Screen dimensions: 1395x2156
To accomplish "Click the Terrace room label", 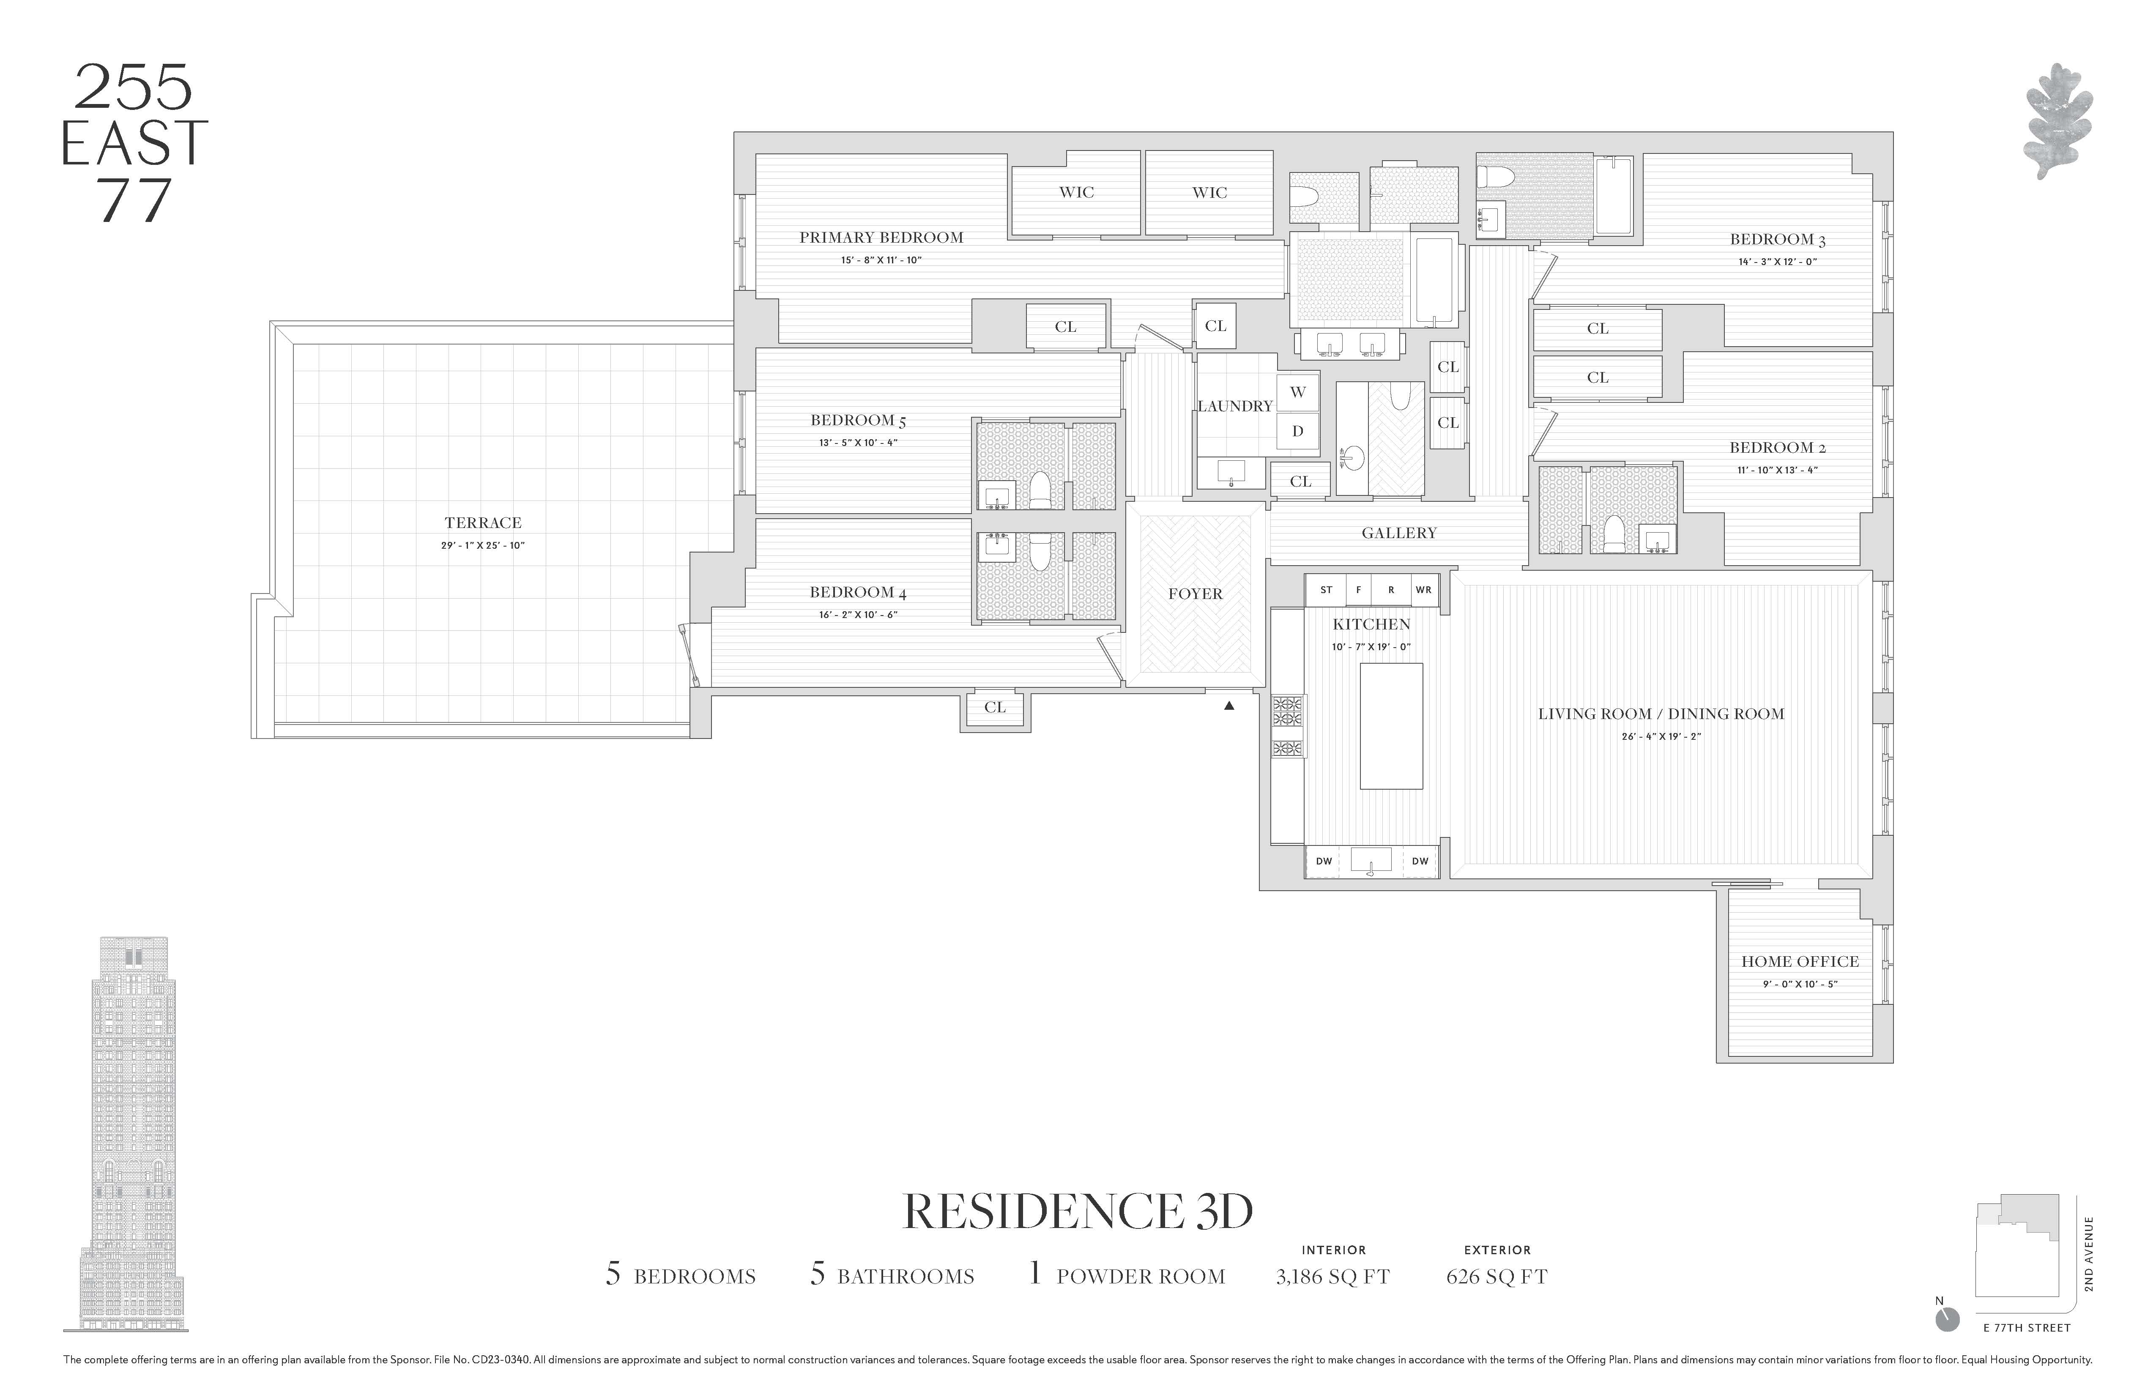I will tap(483, 522).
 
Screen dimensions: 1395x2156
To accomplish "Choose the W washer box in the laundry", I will tap(1297, 392).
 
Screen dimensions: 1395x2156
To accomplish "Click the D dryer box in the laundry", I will tap(1297, 431).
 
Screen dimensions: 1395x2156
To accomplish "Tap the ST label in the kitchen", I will tap(1326, 590).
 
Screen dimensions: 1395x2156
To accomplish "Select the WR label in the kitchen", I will tap(1423, 590).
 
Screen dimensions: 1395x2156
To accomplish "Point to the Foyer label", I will tap(1195, 594).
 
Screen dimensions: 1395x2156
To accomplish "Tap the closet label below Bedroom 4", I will tap(995, 708).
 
